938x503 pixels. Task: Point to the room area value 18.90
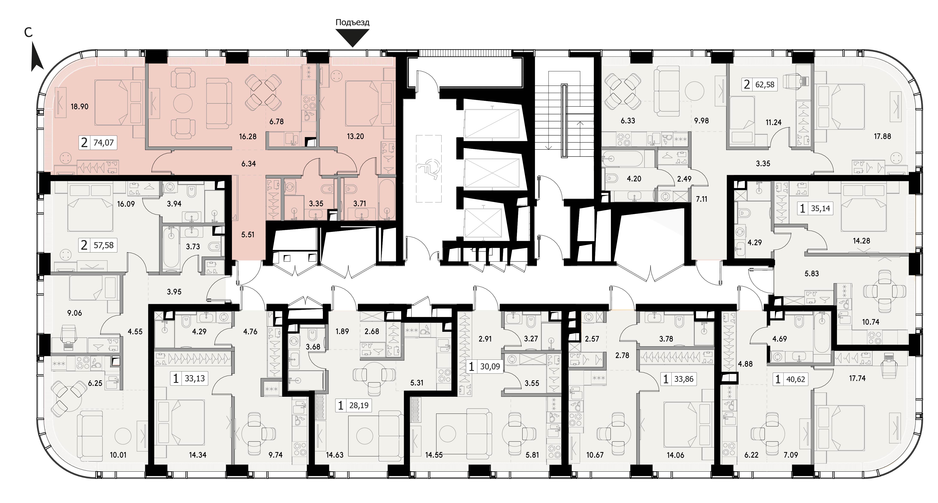79,107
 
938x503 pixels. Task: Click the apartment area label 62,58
765,85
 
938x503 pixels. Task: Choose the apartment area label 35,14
820,209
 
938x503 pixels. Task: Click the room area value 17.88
882,136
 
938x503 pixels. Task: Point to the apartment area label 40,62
796,379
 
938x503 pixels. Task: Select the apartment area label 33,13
195,378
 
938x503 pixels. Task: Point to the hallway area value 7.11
701,199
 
